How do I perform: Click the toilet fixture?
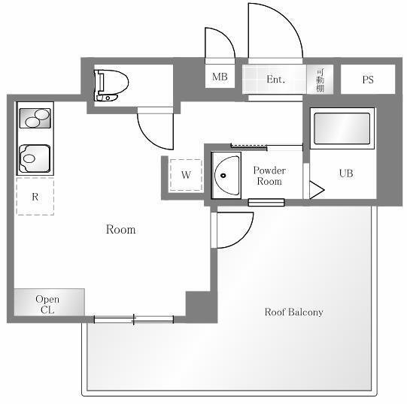pos(111,86)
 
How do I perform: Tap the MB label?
pos(220,77)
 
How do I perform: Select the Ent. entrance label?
pos(275,80)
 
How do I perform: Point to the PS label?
pos(368,80)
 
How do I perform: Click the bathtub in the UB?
pos(342,128)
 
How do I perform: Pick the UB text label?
pos(346,173)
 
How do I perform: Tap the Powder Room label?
pos(269,176)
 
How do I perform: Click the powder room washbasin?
pos(226,176)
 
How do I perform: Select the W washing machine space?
pos(186,175)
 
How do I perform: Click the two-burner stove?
pos(35,119)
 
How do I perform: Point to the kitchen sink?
pos(35,158)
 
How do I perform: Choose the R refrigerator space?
pos(35,197)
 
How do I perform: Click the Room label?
pos(120,230)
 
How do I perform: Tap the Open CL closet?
pos(50,303)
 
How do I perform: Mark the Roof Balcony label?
pos(293,312)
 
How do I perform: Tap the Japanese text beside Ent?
pos(320,80)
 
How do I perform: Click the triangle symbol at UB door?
pos(317,190)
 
